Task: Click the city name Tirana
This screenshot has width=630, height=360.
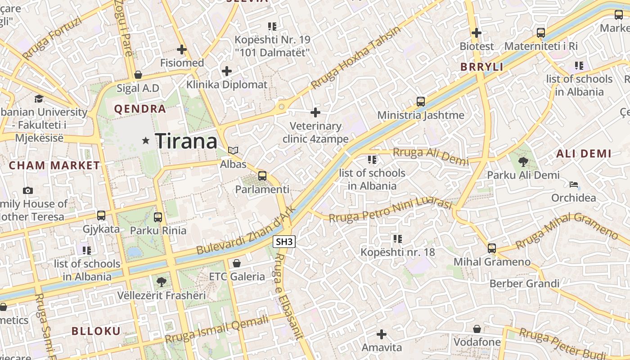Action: coord(186,141)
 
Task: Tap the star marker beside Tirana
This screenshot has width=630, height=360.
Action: coord(145,141)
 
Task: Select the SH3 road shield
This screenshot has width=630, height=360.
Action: coord(284,242)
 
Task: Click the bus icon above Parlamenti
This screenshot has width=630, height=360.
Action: coord(262,176)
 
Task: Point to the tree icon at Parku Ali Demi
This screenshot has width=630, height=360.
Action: coord(523,162)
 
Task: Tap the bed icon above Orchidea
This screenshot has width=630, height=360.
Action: coord(573,184)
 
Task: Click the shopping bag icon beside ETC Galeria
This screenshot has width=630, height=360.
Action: coord(237,263)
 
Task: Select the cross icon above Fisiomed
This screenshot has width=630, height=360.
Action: coord(182,49)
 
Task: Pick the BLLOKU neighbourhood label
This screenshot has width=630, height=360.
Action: coord(96,331)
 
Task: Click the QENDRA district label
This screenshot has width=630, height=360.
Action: coord(140,109)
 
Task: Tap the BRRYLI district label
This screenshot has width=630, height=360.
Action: coord(481,67)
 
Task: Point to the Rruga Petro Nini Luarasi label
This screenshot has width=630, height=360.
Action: coord(390,211)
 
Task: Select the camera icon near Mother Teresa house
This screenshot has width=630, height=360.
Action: coord(28,190)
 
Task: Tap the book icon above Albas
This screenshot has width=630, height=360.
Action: coord(233,150)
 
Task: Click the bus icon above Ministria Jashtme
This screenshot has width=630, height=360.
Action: coord(421,102)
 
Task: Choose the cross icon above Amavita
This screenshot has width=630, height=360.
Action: coord(382,334)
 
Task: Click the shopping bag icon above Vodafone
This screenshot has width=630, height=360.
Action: coord(477,329)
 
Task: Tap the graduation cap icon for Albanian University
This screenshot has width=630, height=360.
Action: coord(39,99)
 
